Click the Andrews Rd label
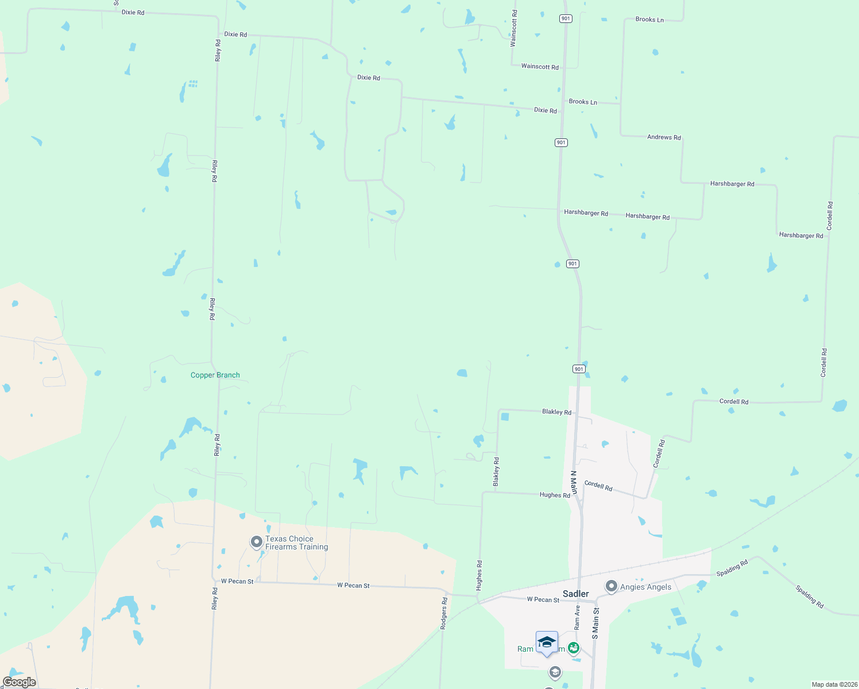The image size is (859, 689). [x=664, y=137]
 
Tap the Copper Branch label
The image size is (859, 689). [x=215, y=375]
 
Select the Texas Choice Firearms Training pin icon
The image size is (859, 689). [x=257, y=542]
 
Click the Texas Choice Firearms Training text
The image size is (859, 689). [x=297, y=543]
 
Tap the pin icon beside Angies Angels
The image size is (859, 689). [x=611, y=586]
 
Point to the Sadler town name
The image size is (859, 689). [x=575, y=594]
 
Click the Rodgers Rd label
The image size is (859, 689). [x=444, y=613]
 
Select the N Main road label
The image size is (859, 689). [x=573, y=482]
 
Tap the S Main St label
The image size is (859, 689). [x=595, y=624]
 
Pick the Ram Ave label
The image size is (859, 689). [x=578, y=617]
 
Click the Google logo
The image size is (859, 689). [x=20, y=682]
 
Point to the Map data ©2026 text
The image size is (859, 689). [x=834, y=684]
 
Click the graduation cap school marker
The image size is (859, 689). [x=547, y=642]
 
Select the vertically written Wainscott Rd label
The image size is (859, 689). [x=514, y=28]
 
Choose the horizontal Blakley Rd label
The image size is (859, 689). [x=556, y=412]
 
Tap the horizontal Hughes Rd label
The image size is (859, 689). [x=555, y=495]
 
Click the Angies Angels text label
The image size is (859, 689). [x=645, y=587]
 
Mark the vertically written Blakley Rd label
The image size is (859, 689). [x=497, y=471]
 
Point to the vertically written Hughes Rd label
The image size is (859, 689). [x=479, y=575]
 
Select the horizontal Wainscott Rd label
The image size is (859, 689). [x=540, y=67]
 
